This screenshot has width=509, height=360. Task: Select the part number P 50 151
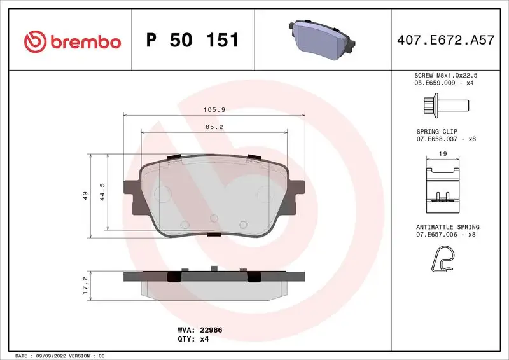(192, 41)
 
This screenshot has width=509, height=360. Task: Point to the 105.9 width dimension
(214, 109)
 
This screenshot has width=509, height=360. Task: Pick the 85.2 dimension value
(214, 127)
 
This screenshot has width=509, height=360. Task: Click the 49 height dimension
(85, 196)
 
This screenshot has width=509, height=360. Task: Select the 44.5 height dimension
(101, 192)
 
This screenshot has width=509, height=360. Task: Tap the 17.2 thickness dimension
(85, 283)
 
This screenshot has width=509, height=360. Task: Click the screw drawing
(445, 104)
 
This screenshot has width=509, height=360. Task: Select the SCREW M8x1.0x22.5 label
(445, 75)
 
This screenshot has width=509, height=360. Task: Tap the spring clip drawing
(443, 186)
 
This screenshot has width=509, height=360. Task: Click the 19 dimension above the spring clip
(443, 153)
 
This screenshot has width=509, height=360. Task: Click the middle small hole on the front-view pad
(214, 219)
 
